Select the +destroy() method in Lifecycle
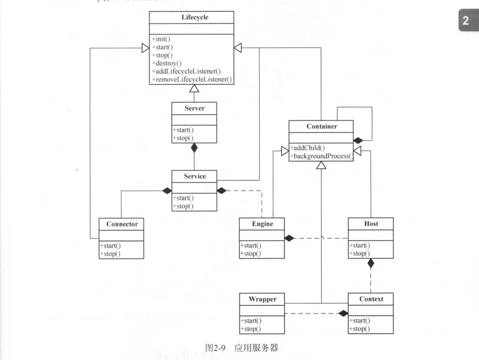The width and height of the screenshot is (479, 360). [x=167, y=63]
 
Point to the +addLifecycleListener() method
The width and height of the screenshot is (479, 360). [x=186, y=71]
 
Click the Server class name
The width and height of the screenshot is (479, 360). [x=194, y=108]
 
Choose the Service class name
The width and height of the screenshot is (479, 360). [x=194, y=177]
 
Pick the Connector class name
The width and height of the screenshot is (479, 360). [x=121, y=224]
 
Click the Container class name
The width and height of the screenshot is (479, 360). [x=321, y=127]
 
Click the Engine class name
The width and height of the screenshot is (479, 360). [x=262, y=224]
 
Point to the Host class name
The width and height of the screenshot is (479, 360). [x=371, y=224]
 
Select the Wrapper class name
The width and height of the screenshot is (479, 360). [x=262, y=299]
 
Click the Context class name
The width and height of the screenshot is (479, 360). [x=371, y=299]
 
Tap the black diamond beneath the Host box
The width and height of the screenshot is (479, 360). [x=371, y=264]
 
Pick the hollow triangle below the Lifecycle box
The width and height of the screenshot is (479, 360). [x=194, y=89]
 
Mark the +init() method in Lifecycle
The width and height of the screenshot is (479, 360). [x=161, y=39]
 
